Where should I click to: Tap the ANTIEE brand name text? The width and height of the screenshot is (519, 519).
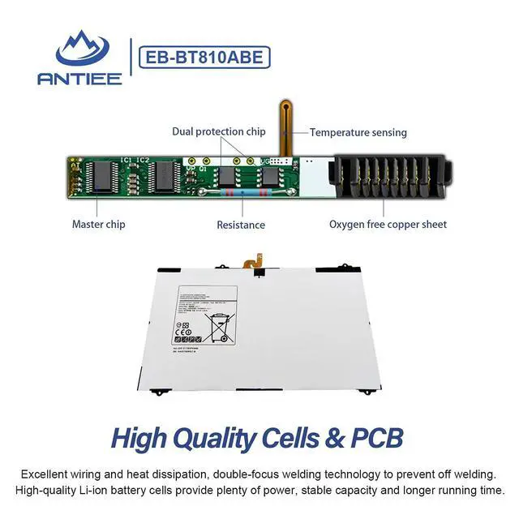click(79, 78)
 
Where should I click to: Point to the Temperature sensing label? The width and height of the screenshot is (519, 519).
click(358, 132)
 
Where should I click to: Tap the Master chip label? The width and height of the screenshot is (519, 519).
click(99, 224)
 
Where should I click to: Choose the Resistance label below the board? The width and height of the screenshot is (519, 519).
click(241, 225)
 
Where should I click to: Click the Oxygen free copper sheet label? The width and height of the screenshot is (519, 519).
click(388, 224)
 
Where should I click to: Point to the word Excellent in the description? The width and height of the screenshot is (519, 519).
click(46, 474)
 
